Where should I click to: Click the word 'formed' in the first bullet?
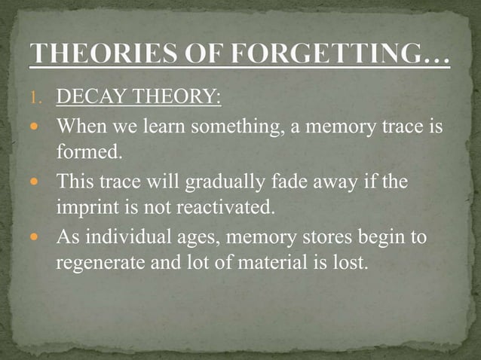(86, 153)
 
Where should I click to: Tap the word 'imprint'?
(84, 208)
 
